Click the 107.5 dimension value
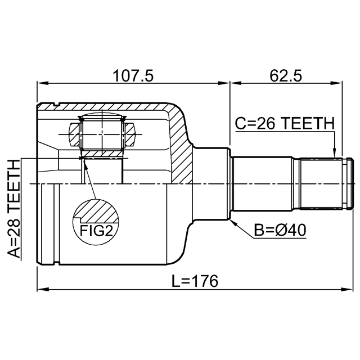pyautogui.click(x=133, y=75)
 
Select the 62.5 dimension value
pyautogui.click(x=286, y=75)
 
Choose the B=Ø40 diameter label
pyautogui.click(x=280, y=231)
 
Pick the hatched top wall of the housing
pyautogui.click(x=112, y=106)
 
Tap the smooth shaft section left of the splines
pyautogui.click(x=264, y=183)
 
